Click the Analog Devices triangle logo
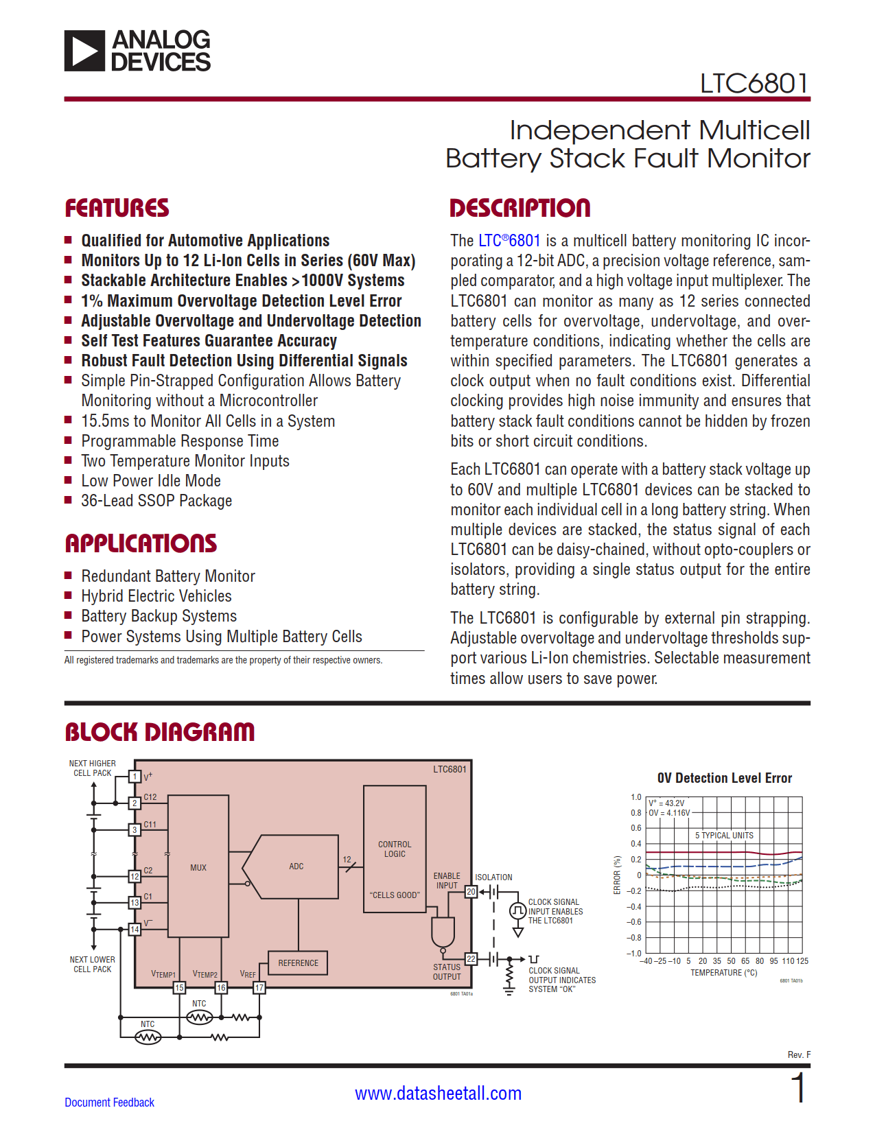(85, 51)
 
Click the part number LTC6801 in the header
(754, 84)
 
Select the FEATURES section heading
(117, 208)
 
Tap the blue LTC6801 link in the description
(509, 241)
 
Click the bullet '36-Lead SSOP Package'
(156, 501)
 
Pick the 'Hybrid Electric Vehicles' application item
(156, 596)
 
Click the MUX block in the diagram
(198, 867)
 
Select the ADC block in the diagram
(296, 866)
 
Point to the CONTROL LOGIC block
(395, 849)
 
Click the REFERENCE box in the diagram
(298, 963)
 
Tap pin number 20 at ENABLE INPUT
(471, 892)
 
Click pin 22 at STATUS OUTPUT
(471, 958)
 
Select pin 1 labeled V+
(135, 777)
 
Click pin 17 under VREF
(259, 988)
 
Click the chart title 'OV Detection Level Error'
(724, 778)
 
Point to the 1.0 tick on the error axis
(635, 797)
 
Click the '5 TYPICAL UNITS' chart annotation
(724, 835)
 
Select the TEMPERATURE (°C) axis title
(723, 973)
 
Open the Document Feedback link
(109, 1102)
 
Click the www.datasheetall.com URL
(438, 1094)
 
